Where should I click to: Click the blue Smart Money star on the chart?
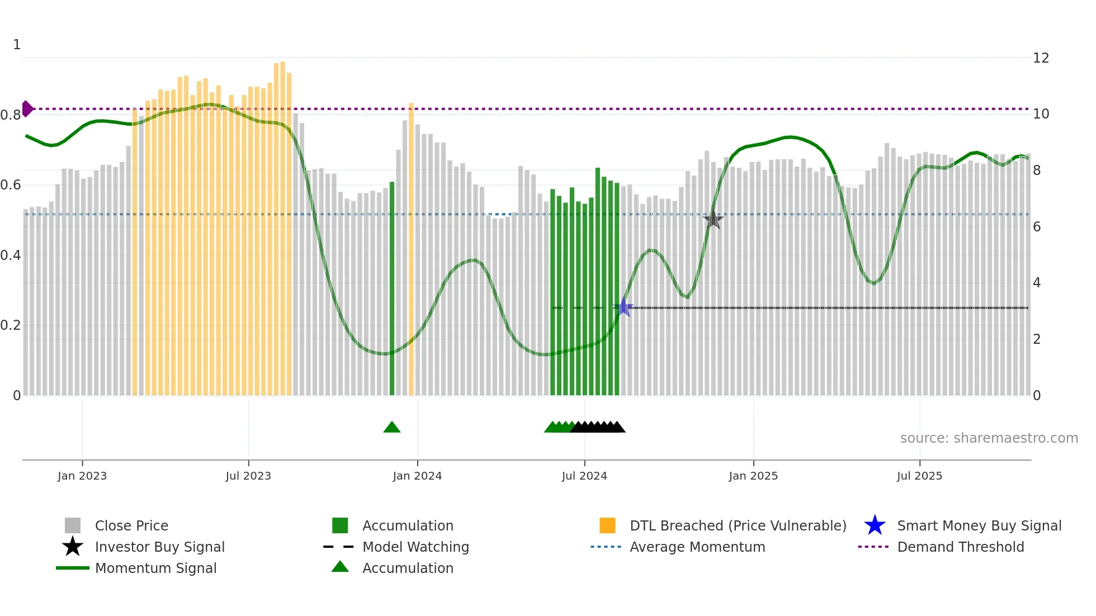(x=624, y=307)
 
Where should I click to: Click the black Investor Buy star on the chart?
(x=713, y=219)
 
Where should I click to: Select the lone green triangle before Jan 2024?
(x=392, y=428)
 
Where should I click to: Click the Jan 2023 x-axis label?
(x=82, y=476)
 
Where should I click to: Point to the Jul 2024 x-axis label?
(x=584, y=476)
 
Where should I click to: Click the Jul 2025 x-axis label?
(x=919, y=476)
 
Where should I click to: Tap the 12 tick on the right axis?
(x=1041, y=58)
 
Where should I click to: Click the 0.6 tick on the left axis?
(x=11, y=185)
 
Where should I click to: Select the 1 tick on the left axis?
(x=17, y=45)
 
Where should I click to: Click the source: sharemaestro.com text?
(x=989, y=438)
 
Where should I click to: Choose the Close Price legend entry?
(x=131, y=525)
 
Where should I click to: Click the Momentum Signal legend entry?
(x=155, y=568)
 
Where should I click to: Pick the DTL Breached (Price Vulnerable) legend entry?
(x=738, y=525)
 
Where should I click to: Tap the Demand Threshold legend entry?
(x=960, y=547)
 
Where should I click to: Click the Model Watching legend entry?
(x=415, y=547)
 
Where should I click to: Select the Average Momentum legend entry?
(x=697, y=547)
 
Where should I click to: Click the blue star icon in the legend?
(x=875, y=525)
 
